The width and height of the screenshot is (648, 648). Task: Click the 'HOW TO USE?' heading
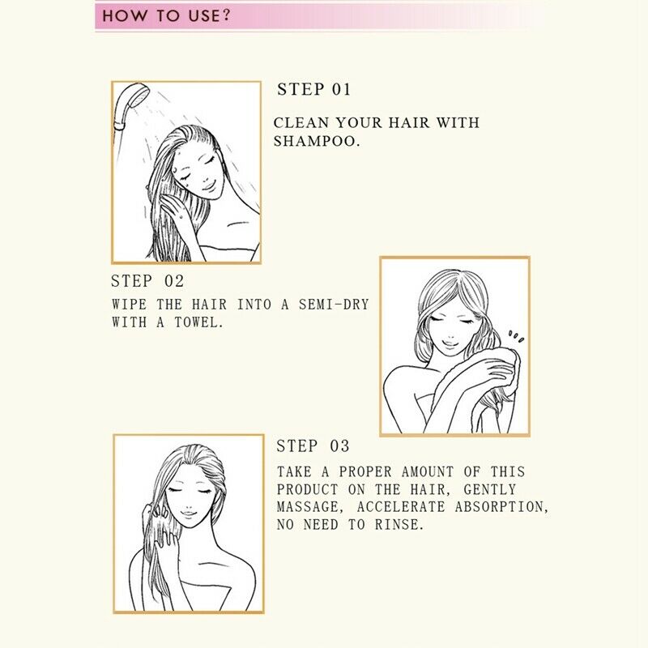tap(166, 16)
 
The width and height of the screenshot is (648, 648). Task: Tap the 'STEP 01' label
tap(313, 90)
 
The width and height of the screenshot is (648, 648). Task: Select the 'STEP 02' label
tap(147, 281)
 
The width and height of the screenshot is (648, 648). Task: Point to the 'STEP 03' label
tap(313, 446)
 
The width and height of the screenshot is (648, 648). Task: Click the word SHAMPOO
tap(317, 141)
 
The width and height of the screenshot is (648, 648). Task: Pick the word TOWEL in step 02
tap(198, 322)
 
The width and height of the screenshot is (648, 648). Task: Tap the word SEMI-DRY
tap(334, 305)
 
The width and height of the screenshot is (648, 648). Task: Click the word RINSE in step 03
tap(399, 524)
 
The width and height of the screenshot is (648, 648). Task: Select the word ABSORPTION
tap(502, 507)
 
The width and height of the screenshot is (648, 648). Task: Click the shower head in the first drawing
tap(130, 106)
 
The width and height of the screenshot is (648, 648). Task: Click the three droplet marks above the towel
tap(516, 336)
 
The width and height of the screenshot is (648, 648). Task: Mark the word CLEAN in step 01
tap(301, 123)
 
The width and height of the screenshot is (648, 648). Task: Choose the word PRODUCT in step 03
tap(308, 489)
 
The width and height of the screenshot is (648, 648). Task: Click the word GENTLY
tap(490, 490)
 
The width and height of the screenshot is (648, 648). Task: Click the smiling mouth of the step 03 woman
tap(189, 514)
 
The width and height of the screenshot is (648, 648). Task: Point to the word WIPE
tap(129, 305)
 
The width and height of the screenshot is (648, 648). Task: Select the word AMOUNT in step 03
tap(428, 471)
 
